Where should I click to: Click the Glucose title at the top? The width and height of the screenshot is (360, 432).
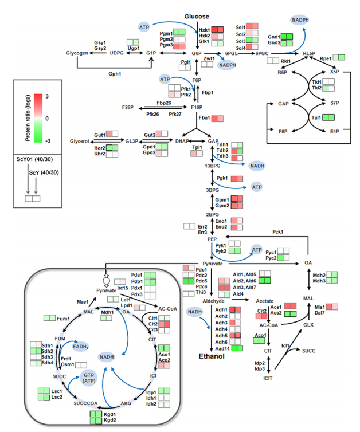[197, 17]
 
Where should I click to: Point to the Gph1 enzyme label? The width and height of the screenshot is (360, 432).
[116, 74]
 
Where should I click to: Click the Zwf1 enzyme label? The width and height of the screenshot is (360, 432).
[209, 59]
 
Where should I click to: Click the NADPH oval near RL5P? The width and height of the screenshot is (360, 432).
[303, 21]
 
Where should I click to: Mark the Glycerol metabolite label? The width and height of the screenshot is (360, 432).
[80, 141]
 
